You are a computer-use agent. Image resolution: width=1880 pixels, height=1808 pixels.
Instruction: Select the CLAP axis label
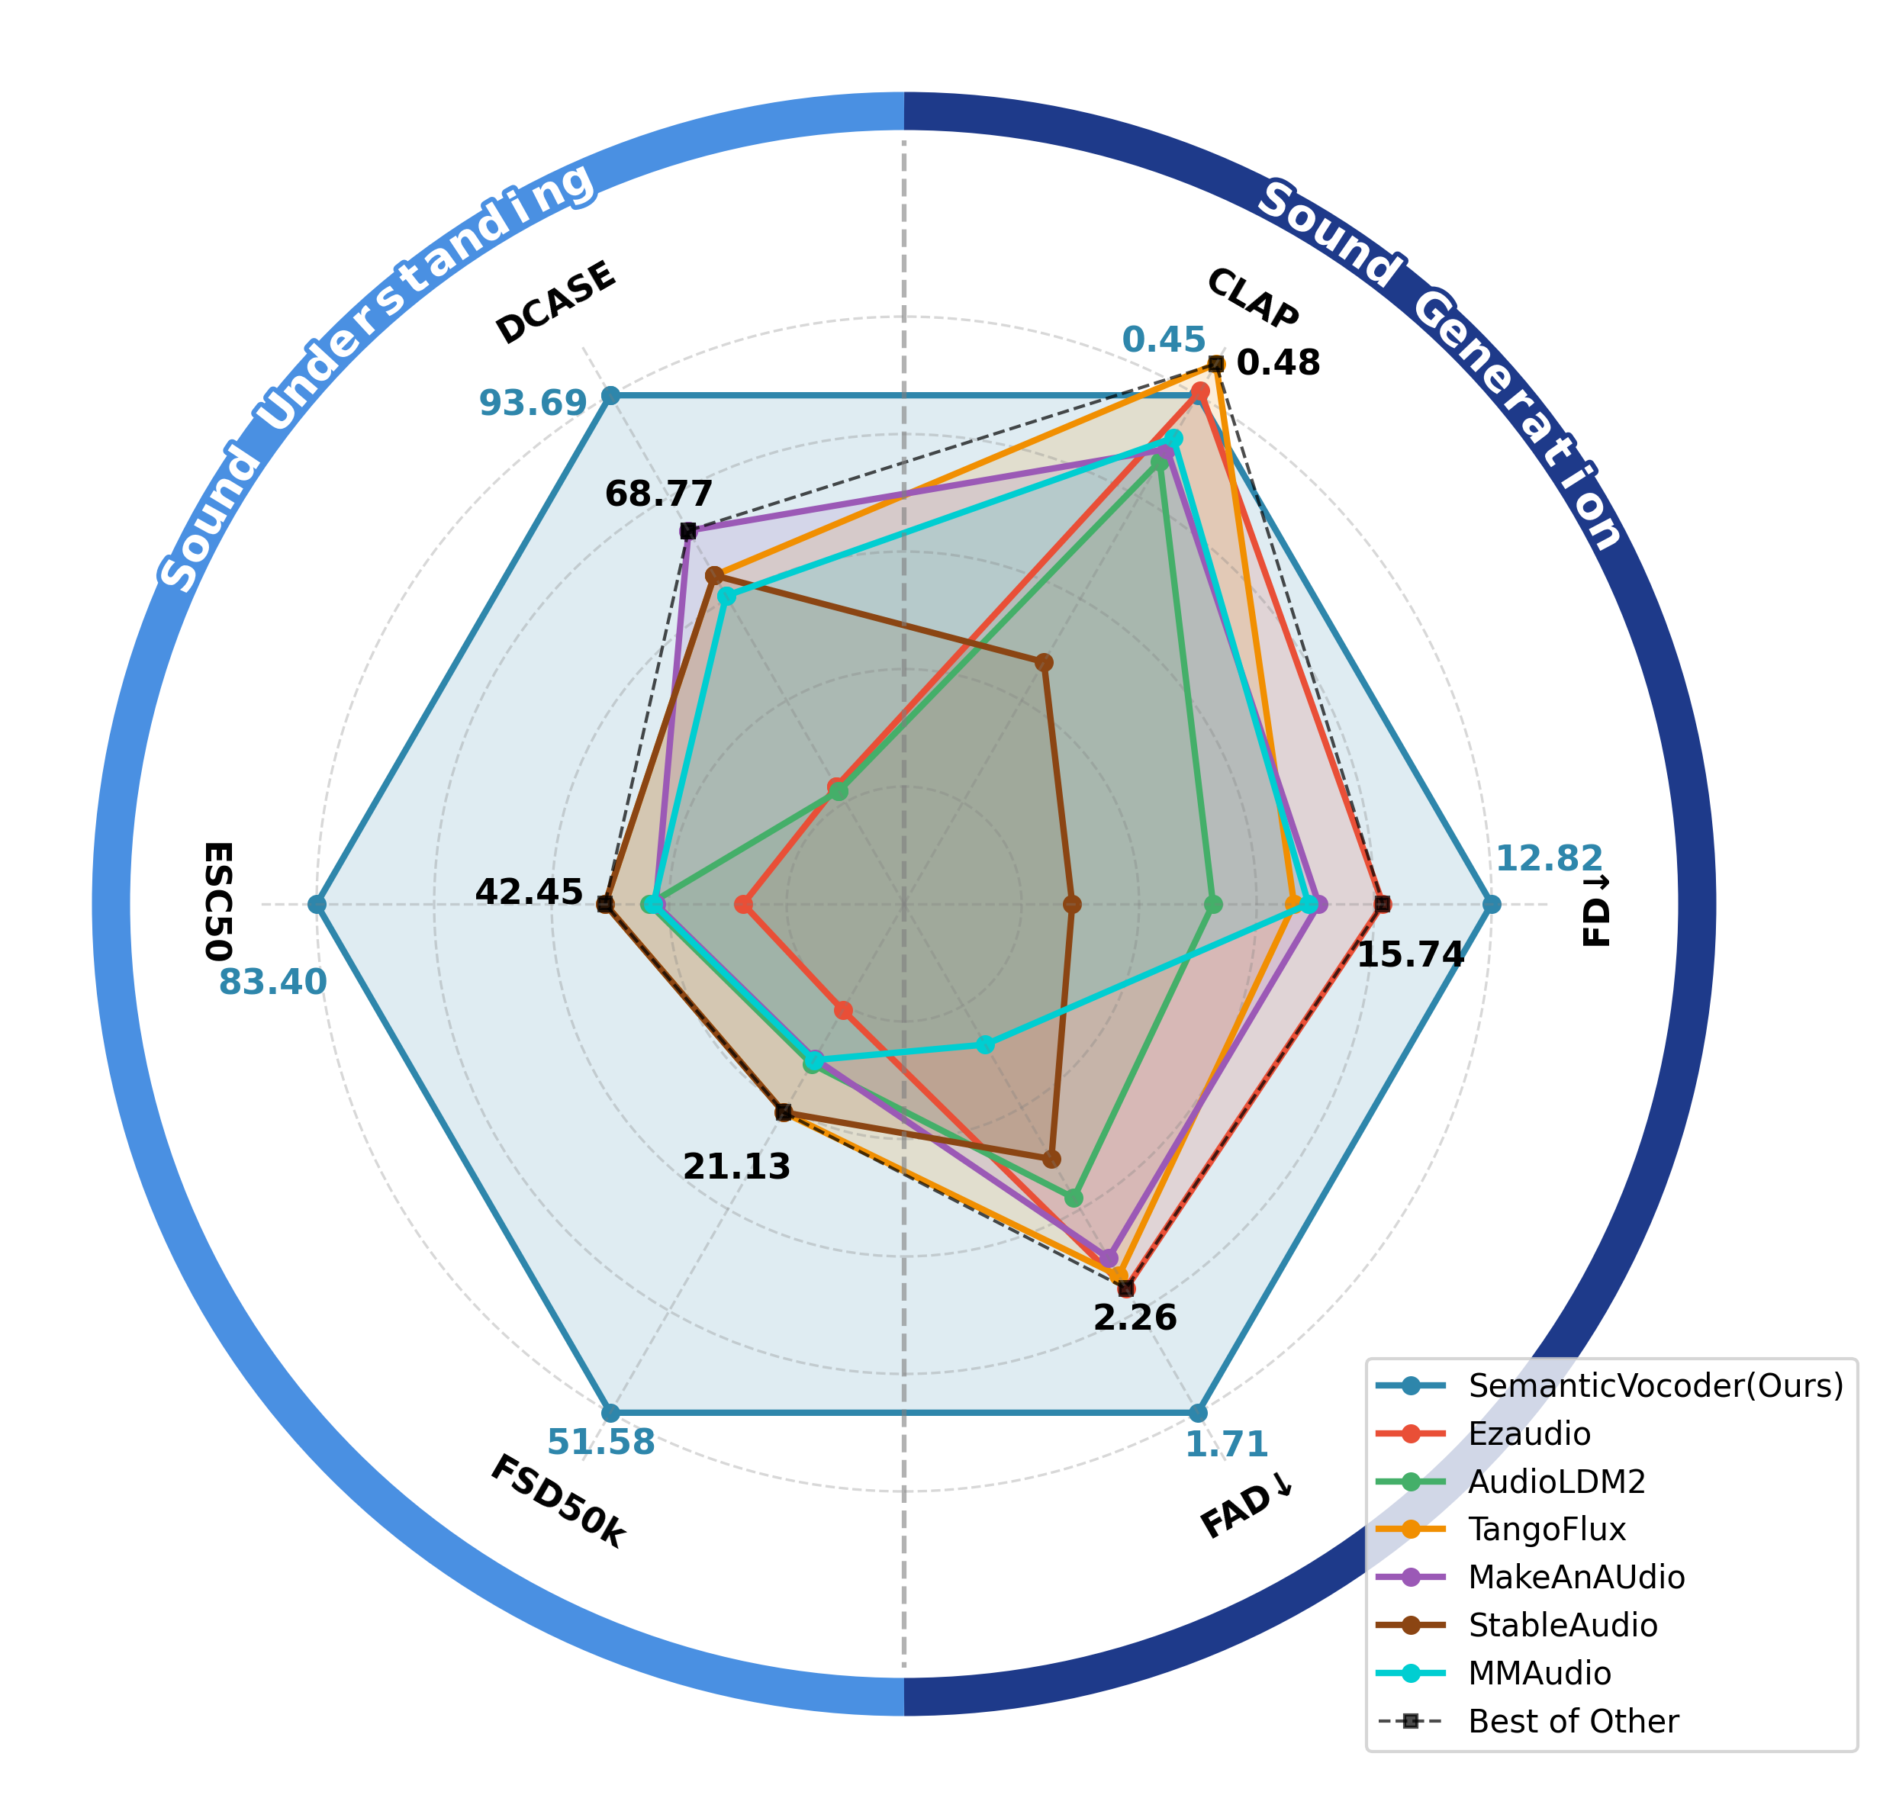click(x=1253, y=298)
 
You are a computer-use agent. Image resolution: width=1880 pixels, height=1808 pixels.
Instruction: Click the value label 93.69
click(x=533, y=404)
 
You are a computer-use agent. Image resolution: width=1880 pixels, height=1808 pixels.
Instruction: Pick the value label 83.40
click(x=272, y=982)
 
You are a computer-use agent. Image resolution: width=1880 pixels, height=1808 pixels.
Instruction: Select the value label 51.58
click(x=600, y=1442)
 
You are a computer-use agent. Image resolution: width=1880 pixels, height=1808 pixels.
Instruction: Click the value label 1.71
click(x=1226, y=1443)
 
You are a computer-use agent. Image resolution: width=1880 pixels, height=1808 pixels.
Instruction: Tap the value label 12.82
click(x=1548, y=857)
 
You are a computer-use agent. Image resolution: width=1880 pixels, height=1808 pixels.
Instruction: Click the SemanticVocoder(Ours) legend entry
click(x=1656, y=1385)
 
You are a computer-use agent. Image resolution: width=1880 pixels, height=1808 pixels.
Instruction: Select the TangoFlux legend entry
click(x=1547, y=1529)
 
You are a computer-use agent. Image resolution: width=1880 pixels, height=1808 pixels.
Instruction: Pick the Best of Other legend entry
click(x=1573, y=1721)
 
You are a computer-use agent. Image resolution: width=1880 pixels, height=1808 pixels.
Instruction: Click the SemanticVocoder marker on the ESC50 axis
click(x=317, y=903)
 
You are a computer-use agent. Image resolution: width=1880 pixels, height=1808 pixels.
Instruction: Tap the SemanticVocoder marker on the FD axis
click(x=1491, y=903)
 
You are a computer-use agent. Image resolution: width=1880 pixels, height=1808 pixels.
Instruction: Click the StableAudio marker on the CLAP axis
click(x=1045, y=663)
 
